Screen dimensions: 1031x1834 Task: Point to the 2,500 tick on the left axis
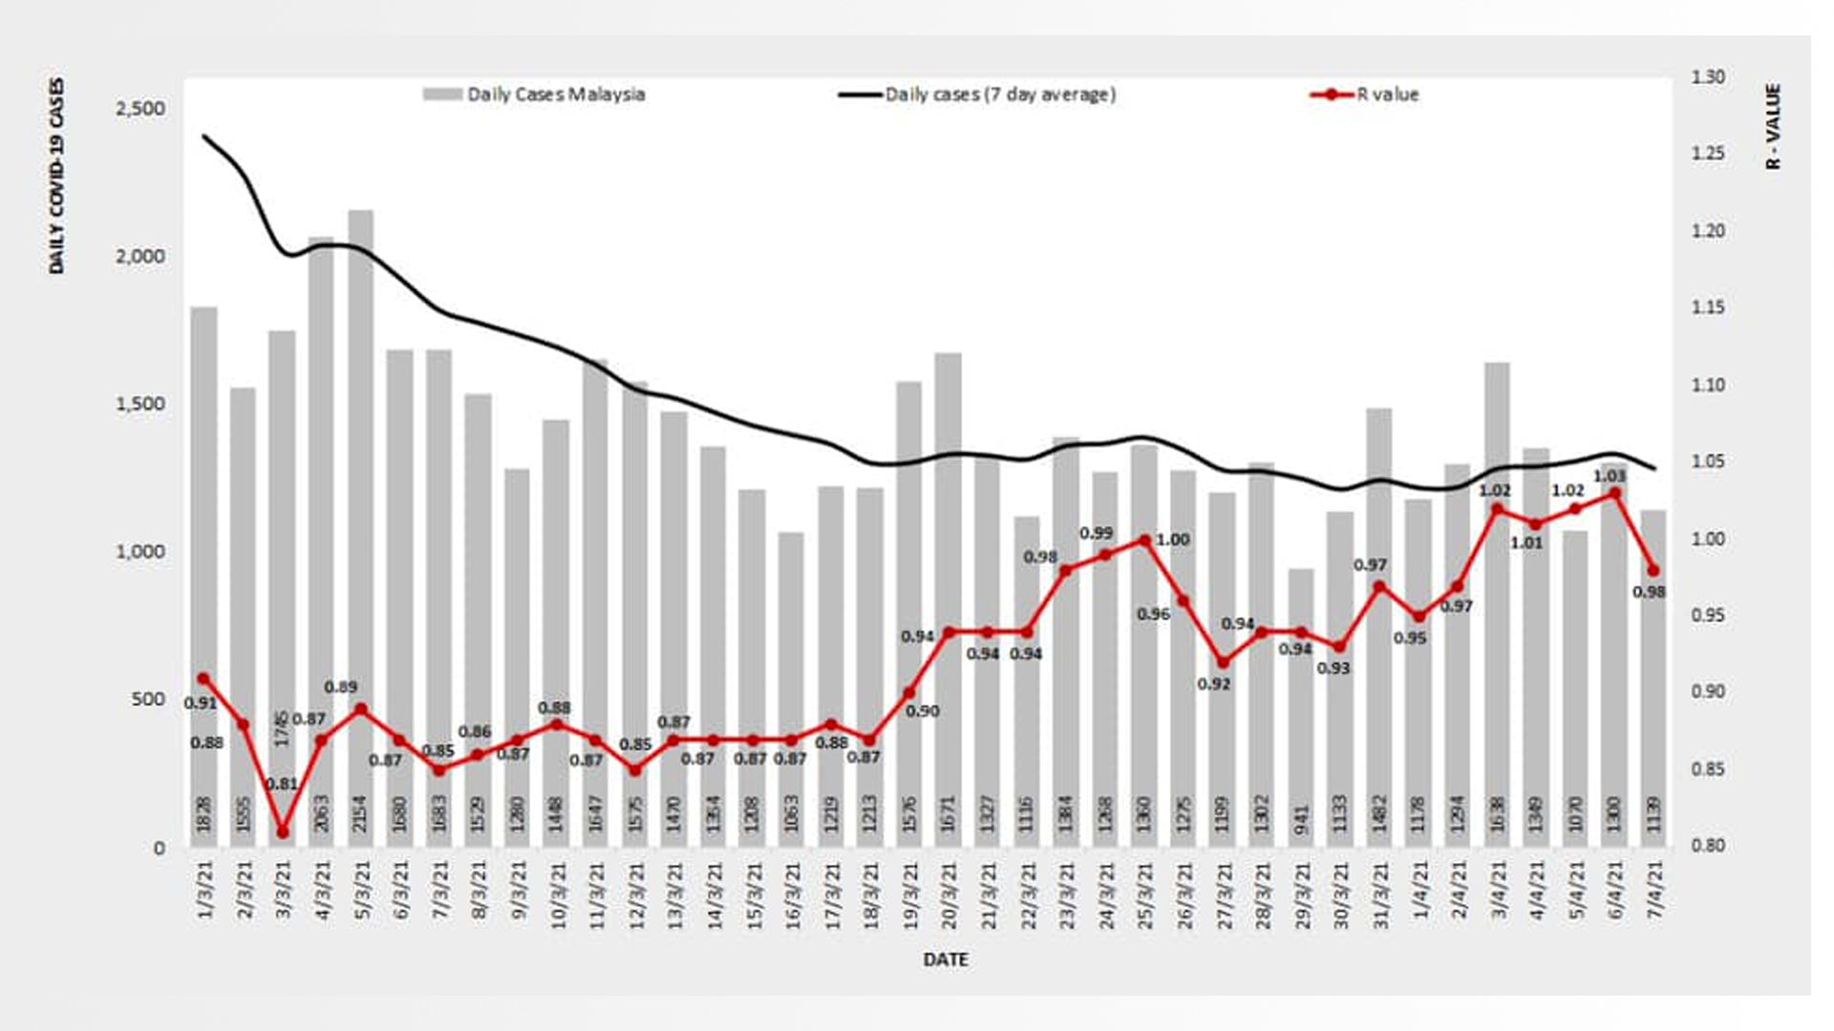point(140,109)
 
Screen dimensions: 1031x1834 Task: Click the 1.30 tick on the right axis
point(1708,77)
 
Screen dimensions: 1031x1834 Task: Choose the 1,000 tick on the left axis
point(140,552)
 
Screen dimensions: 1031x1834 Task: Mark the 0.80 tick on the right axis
point(1708,846)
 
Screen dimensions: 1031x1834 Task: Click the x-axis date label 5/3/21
point(362,890)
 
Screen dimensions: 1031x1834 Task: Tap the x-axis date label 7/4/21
point(1654,890)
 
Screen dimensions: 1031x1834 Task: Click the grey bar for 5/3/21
point(360,525)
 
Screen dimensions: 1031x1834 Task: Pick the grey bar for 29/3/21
point(1301,706)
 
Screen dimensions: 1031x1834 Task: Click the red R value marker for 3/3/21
point(282,832)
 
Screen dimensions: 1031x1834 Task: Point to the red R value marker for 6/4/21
point(1615,494)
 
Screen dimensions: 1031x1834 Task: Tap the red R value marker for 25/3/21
point(1144,540)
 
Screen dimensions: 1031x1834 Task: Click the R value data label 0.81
point(282,784)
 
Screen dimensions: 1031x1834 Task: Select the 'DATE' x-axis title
point(946,959)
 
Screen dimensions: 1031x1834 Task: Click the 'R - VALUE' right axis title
point(1773,126)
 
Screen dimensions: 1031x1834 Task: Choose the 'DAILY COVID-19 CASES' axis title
point(57,176)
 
